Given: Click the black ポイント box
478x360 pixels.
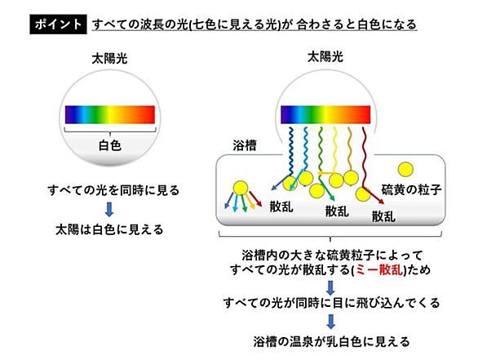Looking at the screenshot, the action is click(x=58, y=24).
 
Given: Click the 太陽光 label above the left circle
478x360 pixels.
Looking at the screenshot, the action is click(x=109, y=59).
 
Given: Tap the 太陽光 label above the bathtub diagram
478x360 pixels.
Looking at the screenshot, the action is click(x=325, y=57).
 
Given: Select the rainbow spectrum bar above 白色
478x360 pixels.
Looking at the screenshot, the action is click(x=110, y=115).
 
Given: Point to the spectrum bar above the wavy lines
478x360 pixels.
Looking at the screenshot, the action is click(x=325, y=115).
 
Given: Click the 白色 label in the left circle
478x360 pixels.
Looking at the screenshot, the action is click(x=110, y=145).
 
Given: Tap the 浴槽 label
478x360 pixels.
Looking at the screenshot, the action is click(x=245, y=145).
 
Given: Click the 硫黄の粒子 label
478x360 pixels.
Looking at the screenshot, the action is click(x=411, y=189).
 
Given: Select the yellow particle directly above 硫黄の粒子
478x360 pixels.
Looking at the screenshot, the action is click(x=405, y=170).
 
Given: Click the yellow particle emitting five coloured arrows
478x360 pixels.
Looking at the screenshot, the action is click(x=240, y=189).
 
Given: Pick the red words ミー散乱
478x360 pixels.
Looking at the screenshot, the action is click(x=379, y=270).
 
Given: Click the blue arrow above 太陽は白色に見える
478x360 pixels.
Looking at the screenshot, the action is click(x=109, y=210).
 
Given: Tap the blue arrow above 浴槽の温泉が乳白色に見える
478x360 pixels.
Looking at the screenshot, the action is click(x=330, y=322).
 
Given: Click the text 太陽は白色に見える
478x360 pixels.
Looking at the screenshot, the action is click(x=109, y=229).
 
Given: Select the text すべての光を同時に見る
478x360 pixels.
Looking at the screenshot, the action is click(x=113, y=190).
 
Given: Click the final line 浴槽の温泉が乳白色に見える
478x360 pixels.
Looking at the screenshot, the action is click(x=331, y=342).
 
